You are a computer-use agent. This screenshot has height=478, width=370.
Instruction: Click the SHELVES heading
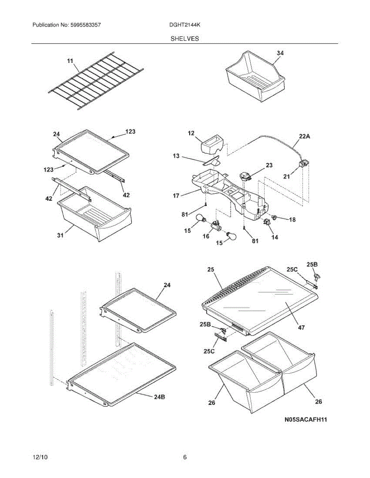pyautogui.click(x=185, y=39)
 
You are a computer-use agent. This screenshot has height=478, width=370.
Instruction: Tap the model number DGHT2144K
pyautogui.click(x=184, y=25)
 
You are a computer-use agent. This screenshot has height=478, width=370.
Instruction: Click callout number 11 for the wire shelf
pyautogui.click(x=70, y=61)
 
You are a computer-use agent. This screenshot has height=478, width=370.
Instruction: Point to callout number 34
pyautogui.click(x=280, y=53)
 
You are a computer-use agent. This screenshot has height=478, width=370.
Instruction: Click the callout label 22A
pyautogui.click(x=305, y=136)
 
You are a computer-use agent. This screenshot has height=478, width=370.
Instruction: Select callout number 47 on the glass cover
pyautogui.click(x=301, y=327)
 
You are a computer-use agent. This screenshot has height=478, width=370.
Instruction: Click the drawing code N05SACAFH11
pyautogui.click(x=306, y=419)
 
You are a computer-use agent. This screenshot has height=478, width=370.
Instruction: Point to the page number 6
pyautogui.click(x=185, y=457)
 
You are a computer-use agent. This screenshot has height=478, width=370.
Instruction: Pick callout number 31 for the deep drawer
pyautogui.click(x=60, y=235)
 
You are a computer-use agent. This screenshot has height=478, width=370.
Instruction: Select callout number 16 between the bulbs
pyautogui.click(x=206, y=236)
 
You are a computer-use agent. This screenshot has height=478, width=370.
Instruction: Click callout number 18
pyautogui.click(x=292, y=219)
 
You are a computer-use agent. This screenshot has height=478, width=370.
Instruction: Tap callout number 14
pyautogui.click(x=275, y=237)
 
